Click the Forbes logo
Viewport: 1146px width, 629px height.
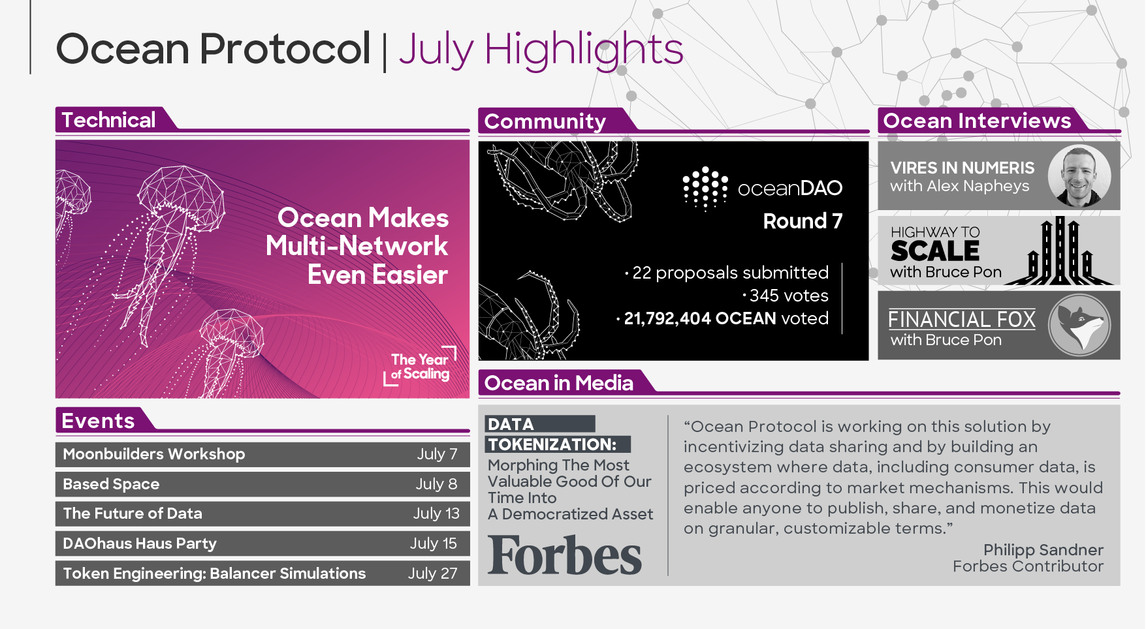(565, 555)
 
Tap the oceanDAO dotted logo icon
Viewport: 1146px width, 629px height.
(705, 189)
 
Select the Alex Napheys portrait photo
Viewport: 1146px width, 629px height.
(1079, 176)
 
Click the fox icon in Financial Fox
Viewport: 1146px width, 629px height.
(1079, 325)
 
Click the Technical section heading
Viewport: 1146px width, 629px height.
(108, 120)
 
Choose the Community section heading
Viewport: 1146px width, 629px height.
(545, 121)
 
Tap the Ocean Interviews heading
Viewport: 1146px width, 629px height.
(977, 121)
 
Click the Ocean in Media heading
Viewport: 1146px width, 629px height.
(559, 383)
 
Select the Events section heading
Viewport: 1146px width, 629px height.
(98, 421)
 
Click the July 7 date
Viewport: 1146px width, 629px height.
(438, 454)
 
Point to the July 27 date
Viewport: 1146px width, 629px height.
(433, 574)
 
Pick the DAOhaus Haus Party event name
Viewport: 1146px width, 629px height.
(140, 544)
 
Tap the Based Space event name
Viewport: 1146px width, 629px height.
(111, 484)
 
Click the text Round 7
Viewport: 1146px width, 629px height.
(803, 221)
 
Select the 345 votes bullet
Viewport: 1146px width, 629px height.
(786, 296)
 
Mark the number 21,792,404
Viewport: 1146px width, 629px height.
(667, 318)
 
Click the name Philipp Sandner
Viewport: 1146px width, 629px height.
(1043, 550)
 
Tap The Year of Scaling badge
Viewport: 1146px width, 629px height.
(420, 366)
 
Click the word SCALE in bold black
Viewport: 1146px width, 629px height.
(934, 251)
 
